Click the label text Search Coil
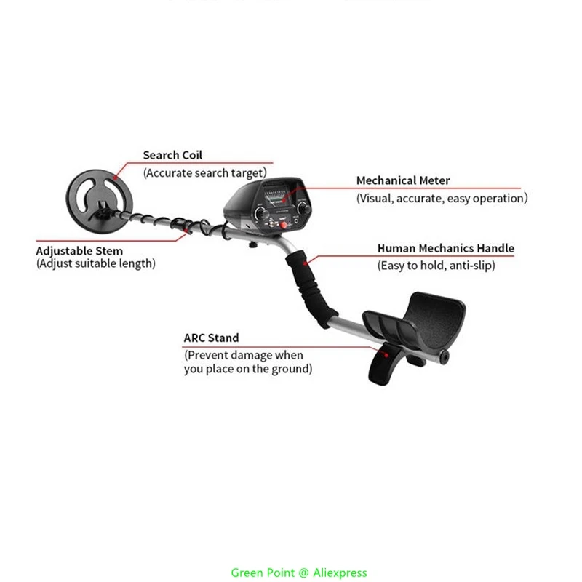click(x=172, y=155)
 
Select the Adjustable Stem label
click(x=79, y=251)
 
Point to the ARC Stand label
click(x=211, y=338)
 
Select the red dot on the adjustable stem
click(x=188, y=231)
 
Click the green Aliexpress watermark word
click(x=340, y=573)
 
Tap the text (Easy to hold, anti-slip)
click(x=436, y=266)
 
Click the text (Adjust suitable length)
click(x=96, y=263)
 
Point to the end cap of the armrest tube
click(x=445, y=357)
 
